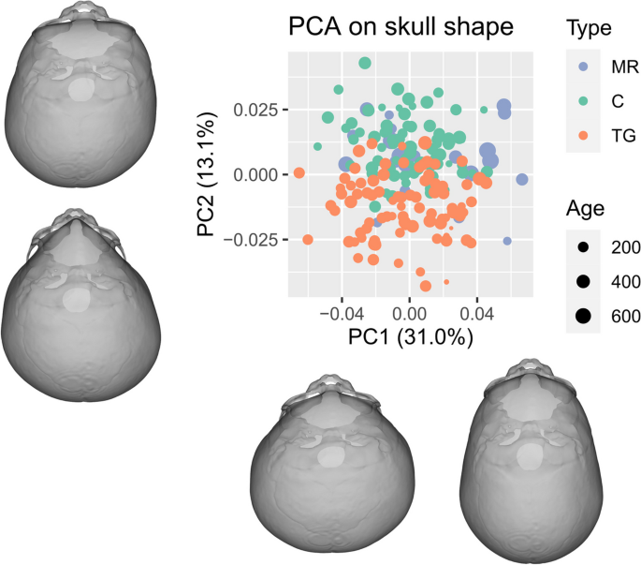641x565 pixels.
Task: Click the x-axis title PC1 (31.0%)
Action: [409, 339]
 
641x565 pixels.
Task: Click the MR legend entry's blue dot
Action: [583, 68]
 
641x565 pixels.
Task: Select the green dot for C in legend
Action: [583, 101]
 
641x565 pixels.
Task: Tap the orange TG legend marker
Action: [583, 134]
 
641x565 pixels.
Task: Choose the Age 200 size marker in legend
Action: [583, 247]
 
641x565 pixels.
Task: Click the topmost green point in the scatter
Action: [365, 63]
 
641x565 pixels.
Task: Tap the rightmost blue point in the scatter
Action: [522, 179]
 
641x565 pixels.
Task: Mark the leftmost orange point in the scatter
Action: [299, 172]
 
